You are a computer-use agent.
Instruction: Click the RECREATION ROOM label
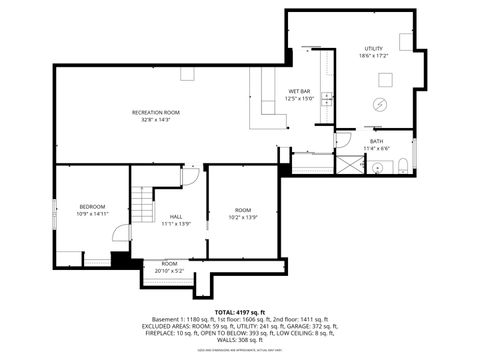point(155,112)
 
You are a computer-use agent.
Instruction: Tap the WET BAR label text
point(299,92)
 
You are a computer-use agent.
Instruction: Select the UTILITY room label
point(373,49)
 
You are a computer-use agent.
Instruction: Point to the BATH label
point(376,141)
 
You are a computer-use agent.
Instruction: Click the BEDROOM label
point(90,206)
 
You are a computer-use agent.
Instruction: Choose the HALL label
point(175,217)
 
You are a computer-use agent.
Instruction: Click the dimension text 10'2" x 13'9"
point(243,217)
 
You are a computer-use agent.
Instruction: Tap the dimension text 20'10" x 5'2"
point(169,270)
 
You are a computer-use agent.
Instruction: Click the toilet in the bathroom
point(404,166)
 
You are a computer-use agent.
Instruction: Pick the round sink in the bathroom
point(378,168)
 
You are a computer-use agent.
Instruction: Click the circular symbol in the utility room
point(380,105)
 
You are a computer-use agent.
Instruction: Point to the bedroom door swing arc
point(120,233)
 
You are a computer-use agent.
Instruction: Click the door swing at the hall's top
point(190,176)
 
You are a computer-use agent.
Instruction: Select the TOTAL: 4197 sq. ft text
point(240,312)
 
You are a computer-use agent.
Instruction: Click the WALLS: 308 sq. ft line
point(240,340)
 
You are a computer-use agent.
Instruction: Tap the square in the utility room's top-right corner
point(406,41)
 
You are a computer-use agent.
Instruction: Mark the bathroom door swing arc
point(342,140)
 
